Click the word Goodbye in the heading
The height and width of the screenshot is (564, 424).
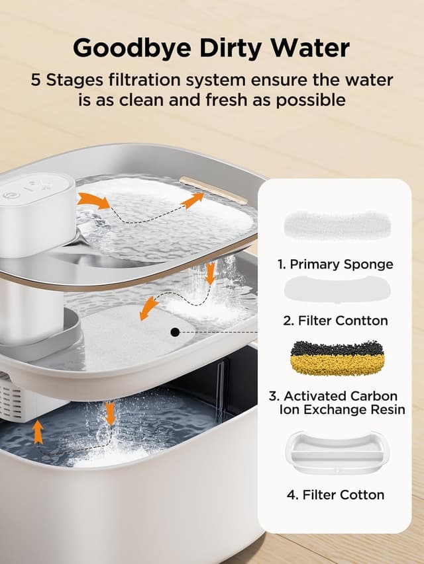click(132, 48)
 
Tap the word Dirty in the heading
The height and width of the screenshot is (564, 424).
click(231, 48)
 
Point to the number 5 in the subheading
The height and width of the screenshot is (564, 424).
click(35, 80)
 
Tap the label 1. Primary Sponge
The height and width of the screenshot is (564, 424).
click(335, 264)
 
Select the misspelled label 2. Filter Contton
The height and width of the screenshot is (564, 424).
click(335, 321)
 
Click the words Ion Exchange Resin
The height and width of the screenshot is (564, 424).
click(342, 409)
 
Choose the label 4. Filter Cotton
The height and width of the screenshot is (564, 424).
click(336, 495)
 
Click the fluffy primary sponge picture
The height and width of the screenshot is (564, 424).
click(337, 225)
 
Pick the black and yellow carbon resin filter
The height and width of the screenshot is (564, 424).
click(337, 358)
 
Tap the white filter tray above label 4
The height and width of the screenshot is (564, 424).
click(337, 452)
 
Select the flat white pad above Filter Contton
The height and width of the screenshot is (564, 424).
click(337, 289)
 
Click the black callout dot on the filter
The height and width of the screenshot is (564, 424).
click(175, 333)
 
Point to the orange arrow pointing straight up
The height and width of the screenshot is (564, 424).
click(38, 432)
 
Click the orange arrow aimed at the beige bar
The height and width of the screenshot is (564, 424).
click(192, 200)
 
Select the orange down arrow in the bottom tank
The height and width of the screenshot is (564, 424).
click(110, 414)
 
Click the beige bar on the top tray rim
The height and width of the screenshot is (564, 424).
click(214, 190)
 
